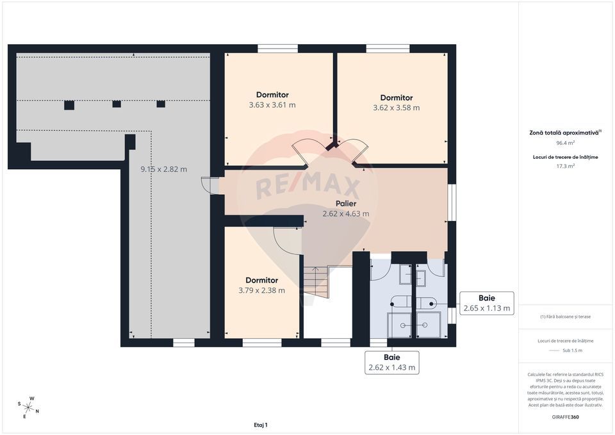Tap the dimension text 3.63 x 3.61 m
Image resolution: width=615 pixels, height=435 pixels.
click(272, 105)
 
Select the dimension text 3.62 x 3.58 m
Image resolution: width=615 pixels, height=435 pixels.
click(396, 108)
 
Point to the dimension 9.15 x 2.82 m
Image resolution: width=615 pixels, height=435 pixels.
click(163, 169)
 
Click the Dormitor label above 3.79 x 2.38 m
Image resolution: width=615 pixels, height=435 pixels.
click(261, 280)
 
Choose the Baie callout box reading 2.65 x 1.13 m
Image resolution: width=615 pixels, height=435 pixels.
click(487, 303)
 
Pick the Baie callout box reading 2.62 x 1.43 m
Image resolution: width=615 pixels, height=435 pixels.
click(392, 363)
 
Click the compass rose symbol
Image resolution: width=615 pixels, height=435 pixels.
click(29, 406)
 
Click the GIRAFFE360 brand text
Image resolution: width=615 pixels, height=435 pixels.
click(565, 416)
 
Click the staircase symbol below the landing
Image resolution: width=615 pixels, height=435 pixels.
click(316, 283)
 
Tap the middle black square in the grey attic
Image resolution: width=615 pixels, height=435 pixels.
click(117, 104)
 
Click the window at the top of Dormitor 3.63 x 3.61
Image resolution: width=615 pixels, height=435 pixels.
click(277, 48)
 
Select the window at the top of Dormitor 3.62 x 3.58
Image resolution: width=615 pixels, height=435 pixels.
click(388, 48)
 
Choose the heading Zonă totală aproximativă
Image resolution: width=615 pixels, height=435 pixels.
click(564, 132)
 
